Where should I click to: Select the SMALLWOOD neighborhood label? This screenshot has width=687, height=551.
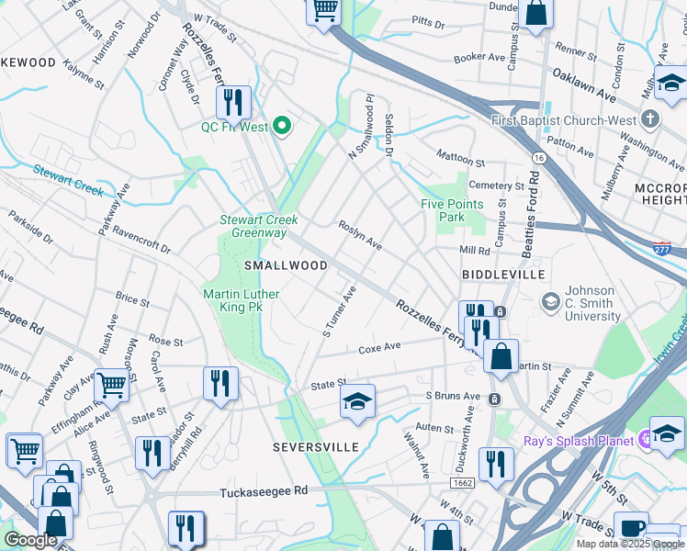coord(286,265)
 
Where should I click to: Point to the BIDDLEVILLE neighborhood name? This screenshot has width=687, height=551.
coord(503,275)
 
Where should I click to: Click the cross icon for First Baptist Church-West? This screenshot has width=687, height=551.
coord(650,119)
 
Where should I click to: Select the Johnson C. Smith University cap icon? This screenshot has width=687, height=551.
coord(550,300)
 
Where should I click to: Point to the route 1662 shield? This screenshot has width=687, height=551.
coord(463,482)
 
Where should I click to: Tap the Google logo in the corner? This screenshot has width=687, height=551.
coord(30,540)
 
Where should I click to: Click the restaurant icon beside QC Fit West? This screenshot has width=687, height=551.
coord(233,102)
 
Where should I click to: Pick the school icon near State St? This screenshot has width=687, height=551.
coord(357,401)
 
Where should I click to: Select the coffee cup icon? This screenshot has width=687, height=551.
coord(631,528)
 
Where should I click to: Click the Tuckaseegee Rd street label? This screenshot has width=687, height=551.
coord(265,492)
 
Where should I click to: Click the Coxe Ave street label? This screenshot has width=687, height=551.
coord(379,347)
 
